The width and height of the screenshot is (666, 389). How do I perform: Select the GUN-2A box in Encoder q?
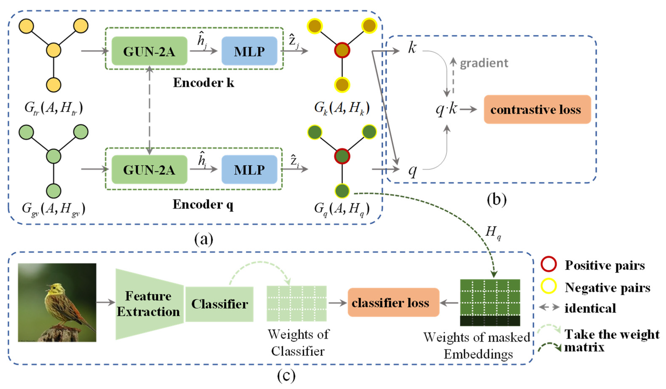pyautogui.click(x=149, y=169)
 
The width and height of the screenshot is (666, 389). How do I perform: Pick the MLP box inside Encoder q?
pyautogui.click(x=249, y=169)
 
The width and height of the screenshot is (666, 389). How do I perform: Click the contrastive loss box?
pyautogui.click(x=537, y=109)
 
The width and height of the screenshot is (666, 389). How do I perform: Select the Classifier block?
pyautogui.click(x=219, y=304)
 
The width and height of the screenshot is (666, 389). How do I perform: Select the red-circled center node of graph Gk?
pyautogui.click(x=342, y=50)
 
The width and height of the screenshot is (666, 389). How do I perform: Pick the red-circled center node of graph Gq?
pyautogui.click(x=342, y=156)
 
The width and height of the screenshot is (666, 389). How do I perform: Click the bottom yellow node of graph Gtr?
pyautogui.click(x=54, y=85)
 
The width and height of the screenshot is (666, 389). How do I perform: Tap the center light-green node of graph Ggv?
pyautogui.click(x=54, y=156)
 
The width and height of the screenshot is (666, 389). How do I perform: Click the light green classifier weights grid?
pyautogui.click(x=297, y=303)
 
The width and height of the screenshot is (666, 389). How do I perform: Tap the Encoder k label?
pyautogui.click(x=203, y=83)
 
